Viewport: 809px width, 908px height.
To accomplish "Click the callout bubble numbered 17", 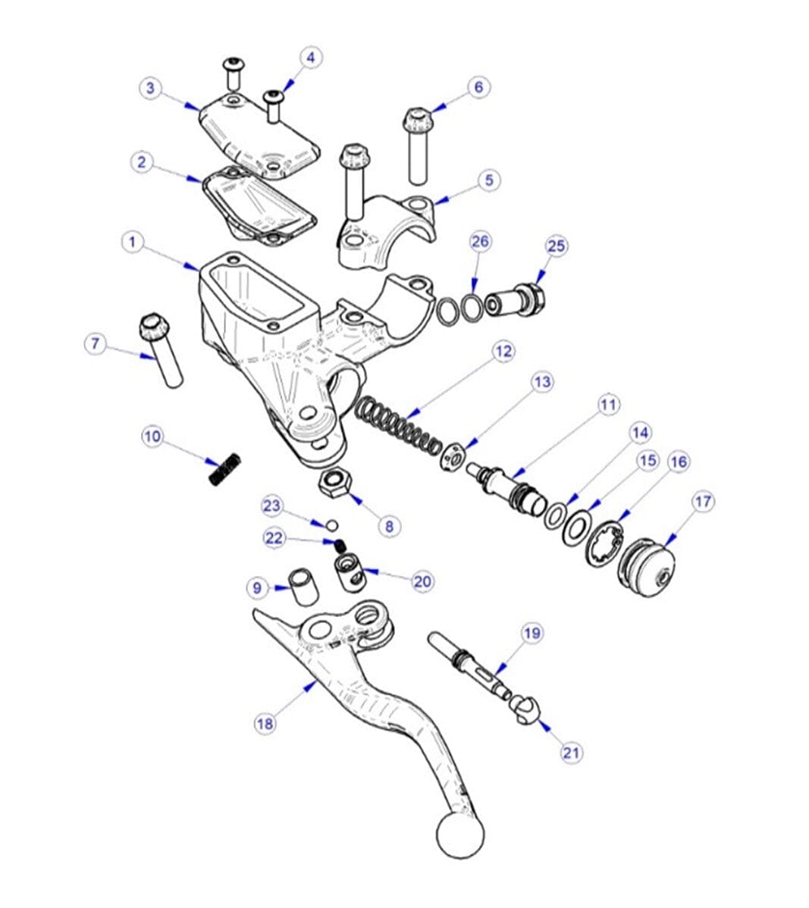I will tap(703, 502).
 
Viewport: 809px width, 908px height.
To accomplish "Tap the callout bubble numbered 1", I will tap(133, 243).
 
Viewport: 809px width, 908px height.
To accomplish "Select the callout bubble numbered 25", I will tap(557, 246).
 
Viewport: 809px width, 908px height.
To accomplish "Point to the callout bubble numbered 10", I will tap(153, 437).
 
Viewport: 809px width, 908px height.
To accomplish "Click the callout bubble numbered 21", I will tap(571, 753).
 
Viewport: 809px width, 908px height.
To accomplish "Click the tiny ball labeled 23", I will tap(331, 524).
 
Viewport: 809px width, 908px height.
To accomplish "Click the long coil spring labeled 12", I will tap(398, 427).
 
